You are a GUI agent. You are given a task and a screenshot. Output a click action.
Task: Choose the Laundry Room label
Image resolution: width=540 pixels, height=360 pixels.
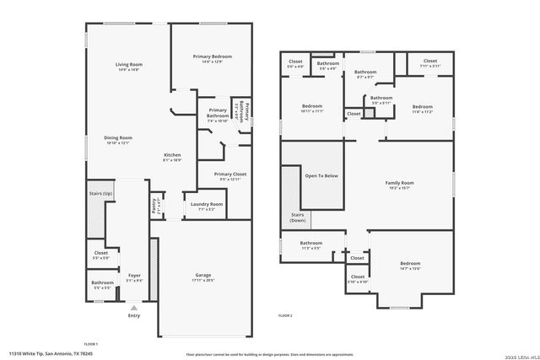[x=207, y=206]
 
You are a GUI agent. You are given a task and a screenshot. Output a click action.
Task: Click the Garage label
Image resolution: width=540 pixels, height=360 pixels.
[x=202, y=277]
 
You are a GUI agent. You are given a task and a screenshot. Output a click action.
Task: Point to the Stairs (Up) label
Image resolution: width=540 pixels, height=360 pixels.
[x=101, y=194]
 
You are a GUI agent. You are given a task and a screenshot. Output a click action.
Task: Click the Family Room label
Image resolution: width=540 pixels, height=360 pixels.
[x=399, y=185]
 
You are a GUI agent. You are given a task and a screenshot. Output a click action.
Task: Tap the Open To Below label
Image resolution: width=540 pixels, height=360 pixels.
[x=321, y=175]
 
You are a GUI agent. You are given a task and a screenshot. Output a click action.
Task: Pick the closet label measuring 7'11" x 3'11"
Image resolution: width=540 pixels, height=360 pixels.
[x=429, y=63]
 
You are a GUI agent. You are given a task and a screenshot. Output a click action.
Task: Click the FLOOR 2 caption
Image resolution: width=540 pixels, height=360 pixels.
[x=285, y=314]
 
